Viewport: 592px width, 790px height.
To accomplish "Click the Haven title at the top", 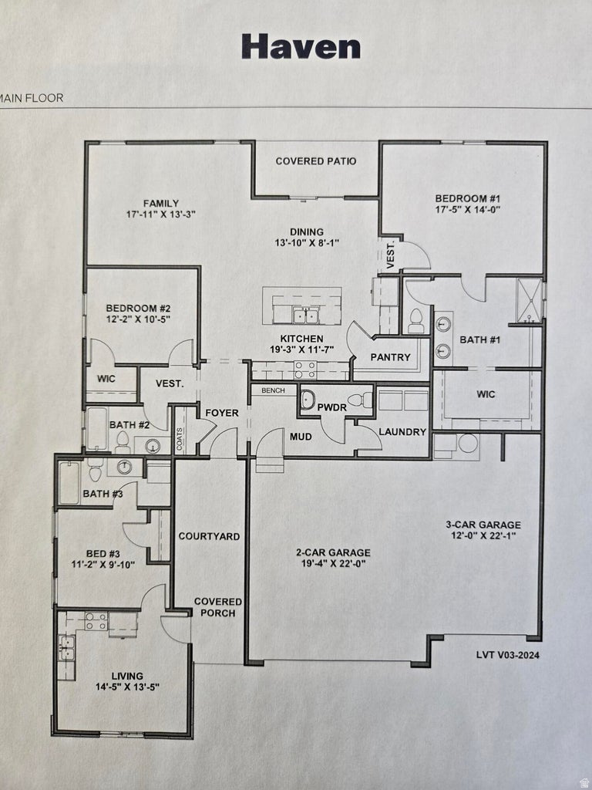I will [x=301, y=46].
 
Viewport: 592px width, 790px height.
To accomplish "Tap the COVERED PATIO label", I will [x=316, y=161].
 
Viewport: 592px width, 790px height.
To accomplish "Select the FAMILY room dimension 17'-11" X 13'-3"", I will [x=161, y=214].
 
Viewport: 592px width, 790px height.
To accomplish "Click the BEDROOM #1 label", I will [x=463, y=197].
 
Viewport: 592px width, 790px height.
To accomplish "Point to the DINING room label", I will [x=306, y=231].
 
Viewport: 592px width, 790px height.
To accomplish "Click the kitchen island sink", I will [x=305, y=315].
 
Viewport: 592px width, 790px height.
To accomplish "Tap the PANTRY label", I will [x=390, y=357].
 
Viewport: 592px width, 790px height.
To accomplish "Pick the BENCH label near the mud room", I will [x=273, y=391].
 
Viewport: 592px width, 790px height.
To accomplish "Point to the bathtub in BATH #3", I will [x=69, y=483].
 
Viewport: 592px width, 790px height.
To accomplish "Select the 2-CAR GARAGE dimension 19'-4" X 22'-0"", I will [x=333, y=564].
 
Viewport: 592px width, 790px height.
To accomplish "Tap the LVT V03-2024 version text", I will [x=508, y=655].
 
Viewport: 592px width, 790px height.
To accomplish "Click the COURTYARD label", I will [x=209, y=536].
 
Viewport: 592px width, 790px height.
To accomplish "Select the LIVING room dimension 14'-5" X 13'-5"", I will [x=127, y=687].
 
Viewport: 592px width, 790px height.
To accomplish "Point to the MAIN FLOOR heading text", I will [x=32, y=98].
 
